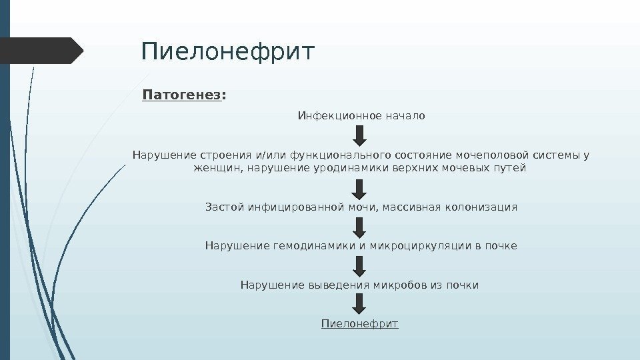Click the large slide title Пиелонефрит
227,51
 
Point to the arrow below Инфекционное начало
359,136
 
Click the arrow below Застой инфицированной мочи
359,227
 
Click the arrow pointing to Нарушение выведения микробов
359,266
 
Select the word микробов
400,285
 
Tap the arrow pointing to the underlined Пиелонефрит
359,305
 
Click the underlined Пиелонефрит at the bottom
359,324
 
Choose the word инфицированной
297,207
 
